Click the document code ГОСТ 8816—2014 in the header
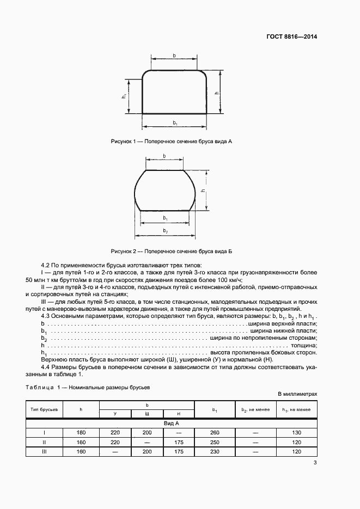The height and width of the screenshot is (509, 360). click(292, 37)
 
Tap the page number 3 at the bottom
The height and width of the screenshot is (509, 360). click(315, 463)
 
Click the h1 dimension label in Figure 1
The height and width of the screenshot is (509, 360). click(125, 96)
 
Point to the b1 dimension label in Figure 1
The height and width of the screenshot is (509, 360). click(175, 124)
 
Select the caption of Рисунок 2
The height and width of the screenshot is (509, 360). click(172, 251)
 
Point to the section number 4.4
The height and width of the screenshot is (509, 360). click(46, 367)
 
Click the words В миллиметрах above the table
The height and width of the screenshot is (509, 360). click(297, 393)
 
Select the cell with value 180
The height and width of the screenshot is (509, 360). click(82, 432)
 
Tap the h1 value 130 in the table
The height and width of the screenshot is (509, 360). click(297, 432)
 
